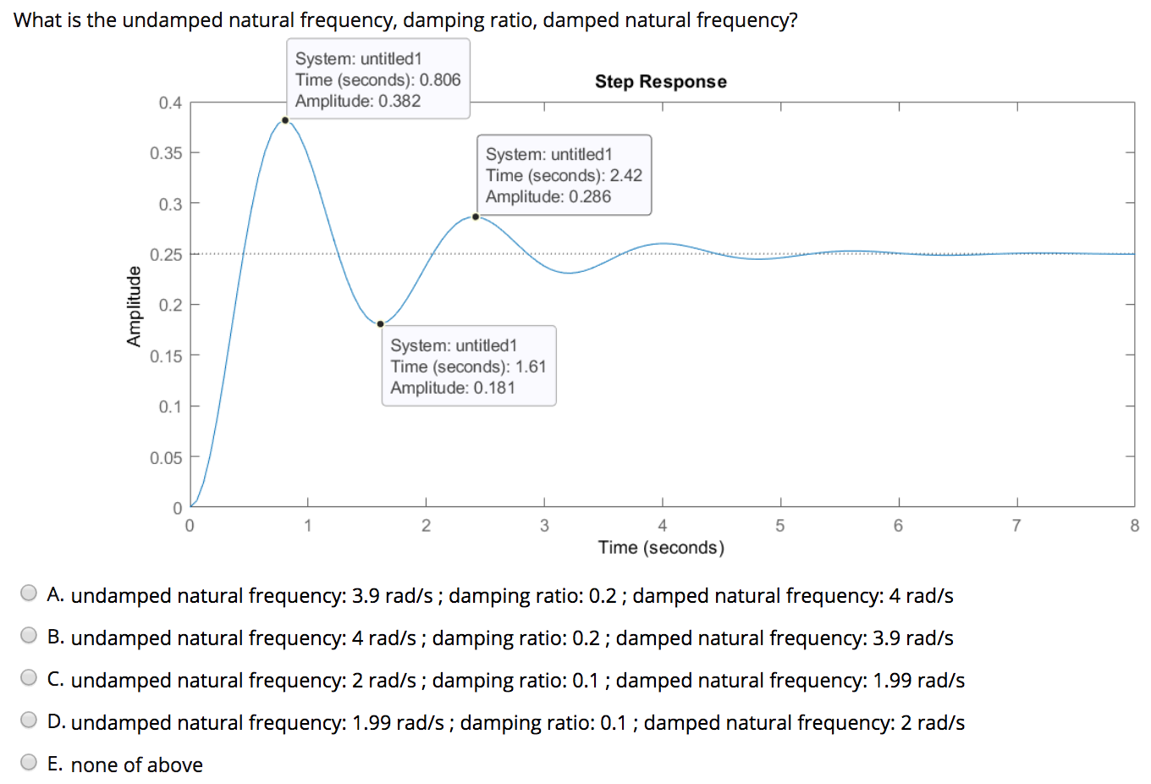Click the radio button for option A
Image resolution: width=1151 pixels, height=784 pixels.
(x=29, y=594)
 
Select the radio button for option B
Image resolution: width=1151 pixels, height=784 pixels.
(x=29, y=636)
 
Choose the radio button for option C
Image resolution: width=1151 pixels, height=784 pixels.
(x=29, y=678)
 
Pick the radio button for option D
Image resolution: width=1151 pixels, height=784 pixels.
(x=29, y=721)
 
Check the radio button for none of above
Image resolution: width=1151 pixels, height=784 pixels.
(x=29, y=763)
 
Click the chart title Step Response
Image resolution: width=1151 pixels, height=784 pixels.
(x=660, y=81)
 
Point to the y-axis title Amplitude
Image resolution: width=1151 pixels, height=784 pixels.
(x=133, y=306)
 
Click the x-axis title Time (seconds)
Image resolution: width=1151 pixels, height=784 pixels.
(x=661, y=548)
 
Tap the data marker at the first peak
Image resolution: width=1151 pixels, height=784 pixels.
(x=285, y=120)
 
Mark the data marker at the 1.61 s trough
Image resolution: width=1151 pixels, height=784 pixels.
(x=380, y=324)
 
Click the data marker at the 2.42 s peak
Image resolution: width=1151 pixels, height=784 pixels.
(x=476, y=217)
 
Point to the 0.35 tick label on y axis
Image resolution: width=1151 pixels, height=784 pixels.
(x=166, y=153)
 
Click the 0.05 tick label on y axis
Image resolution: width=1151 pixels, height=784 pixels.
(x=166, y=458)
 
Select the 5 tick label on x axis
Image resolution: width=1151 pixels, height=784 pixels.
(x=779, y=526)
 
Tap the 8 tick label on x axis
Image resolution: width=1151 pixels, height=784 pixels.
(x=1134, y=526)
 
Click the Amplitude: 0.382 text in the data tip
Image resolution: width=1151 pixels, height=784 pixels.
(x=357, y=101)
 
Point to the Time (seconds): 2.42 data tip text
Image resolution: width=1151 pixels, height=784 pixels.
(x=564, y=175)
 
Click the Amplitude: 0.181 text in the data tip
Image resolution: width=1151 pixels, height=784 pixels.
(x=452, y=388)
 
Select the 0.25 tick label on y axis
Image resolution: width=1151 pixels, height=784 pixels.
(x=166, y=255)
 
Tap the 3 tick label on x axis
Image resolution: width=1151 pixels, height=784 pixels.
(x=544, y=526)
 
